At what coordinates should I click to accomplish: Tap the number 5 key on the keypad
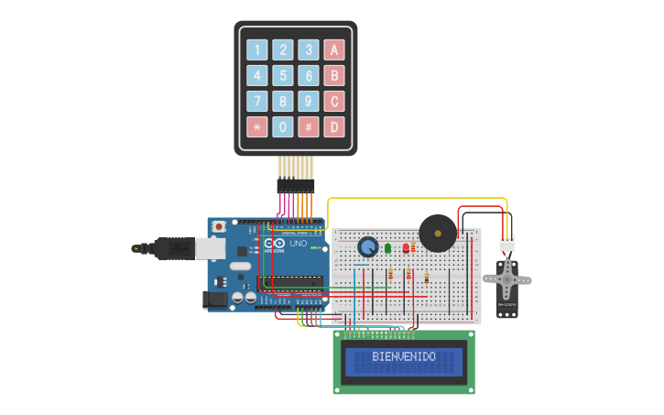[284, 76]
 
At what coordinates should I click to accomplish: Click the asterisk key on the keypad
[257, 126]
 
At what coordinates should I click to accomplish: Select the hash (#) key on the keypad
[310, 126]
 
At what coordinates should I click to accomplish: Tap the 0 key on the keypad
[284, 126]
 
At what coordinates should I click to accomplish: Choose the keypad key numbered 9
[310, 101]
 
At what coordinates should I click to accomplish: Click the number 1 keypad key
[257, 50]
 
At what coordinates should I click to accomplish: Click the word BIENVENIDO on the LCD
[404, 356]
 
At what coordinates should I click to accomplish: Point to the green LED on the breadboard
[388, 247]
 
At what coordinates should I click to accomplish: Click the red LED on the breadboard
[406, 247]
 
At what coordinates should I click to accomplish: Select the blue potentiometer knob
[368, 246]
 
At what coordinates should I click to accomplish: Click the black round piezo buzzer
[438, 234]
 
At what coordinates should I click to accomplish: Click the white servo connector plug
[506, 244]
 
